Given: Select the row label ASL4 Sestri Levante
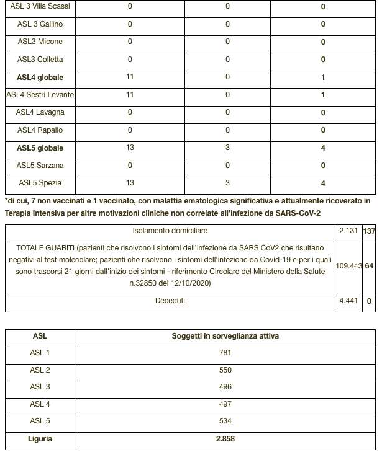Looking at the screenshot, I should [40, 95].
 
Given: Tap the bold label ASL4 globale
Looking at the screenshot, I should [40, 78].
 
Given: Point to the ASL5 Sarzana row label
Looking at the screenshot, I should [40, 166].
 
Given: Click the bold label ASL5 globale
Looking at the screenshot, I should [40, 148].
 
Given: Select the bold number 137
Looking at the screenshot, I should [369, 231].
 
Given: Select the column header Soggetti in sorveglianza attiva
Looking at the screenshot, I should [225, 335].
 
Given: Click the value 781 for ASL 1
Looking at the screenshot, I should [225, 353].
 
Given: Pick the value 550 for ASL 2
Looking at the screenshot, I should [225, 370].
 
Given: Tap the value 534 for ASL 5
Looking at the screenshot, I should [225, 422].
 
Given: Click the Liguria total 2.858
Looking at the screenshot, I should [225, 439].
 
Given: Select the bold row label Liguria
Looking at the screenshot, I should [40, 439].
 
